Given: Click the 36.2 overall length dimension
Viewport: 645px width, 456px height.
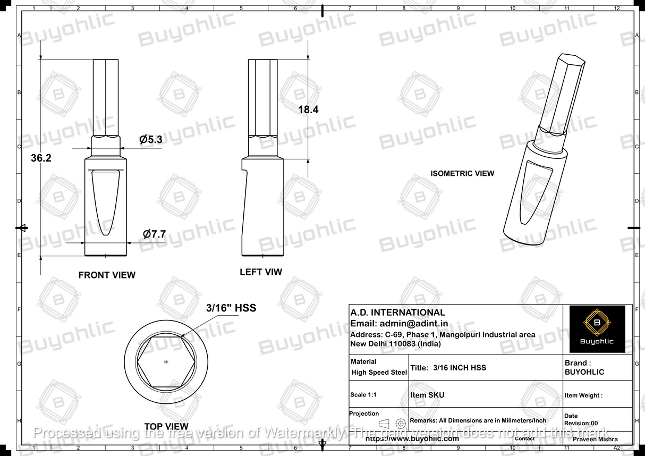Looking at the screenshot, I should pos(41,158).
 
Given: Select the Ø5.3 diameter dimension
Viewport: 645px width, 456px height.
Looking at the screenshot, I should pos(151,140).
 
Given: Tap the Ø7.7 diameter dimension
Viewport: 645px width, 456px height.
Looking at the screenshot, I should pos(155,234).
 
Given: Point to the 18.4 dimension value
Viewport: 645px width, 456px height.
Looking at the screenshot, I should pos(308,110).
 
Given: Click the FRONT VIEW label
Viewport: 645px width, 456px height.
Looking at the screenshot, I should pos(107,275).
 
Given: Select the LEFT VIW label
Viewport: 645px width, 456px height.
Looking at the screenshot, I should pos(261,272).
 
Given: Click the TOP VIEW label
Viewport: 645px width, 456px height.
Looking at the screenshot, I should pos(166,426).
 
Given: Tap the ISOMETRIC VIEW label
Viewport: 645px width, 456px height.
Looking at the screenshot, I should pos(462,173).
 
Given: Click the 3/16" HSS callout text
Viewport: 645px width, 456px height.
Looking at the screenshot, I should pos(231,308).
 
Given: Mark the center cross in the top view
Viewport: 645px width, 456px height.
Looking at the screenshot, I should pos(166,362).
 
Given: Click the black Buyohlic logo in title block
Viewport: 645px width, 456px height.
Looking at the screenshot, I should pos(597,329).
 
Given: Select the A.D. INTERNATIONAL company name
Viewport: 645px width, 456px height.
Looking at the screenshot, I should pos(397,313).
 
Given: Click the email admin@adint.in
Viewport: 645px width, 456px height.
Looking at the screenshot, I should pos(399,323).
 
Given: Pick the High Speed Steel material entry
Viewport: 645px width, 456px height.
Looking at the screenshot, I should pos(379,373).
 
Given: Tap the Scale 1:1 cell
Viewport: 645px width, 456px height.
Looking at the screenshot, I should pos(366,395).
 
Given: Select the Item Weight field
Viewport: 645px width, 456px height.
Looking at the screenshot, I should pos(583,395).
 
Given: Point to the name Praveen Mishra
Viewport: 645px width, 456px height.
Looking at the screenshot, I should pos(596,440).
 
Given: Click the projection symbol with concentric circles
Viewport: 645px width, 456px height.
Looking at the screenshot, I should pos(401,423).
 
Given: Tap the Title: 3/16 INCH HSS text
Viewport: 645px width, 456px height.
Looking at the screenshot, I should pos(448,368).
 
